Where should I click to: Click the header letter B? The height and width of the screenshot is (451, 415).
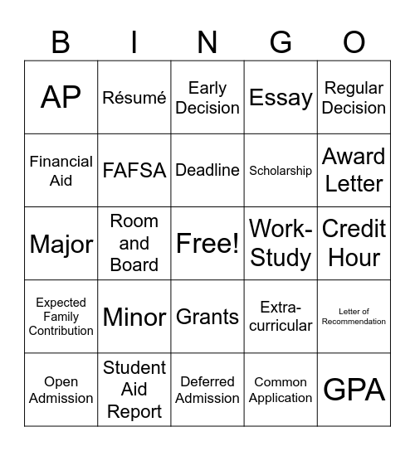[61, 41]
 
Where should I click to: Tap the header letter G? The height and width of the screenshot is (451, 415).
[281, 41]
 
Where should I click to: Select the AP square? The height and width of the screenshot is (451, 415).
[61, 98]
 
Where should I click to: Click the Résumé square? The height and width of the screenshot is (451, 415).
[134, 98]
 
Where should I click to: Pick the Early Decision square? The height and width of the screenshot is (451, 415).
[207, 98]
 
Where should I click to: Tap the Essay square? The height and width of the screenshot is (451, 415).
[281, 98]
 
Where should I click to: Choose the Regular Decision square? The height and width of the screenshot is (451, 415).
[354, 98]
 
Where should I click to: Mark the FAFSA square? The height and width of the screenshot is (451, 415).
[134, 171]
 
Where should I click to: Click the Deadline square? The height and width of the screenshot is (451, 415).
[207, 171]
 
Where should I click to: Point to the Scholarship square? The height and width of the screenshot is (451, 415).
[281, 171]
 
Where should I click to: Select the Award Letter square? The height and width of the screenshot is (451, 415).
[354, 171]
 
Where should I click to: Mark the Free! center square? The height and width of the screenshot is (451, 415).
[207, 244]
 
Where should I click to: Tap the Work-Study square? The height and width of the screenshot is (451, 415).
[281, 244]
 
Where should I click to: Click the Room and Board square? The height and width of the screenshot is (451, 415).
[134, 244]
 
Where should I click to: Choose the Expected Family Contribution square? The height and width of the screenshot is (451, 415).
[61, 317]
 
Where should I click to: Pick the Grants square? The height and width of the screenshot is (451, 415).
[207, 317]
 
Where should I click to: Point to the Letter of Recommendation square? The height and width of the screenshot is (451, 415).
[354, 317]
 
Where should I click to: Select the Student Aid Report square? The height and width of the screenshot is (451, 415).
[134, 390]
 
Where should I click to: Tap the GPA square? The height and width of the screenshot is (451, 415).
[354, 390]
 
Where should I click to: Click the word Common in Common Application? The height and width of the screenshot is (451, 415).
[281, 382]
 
